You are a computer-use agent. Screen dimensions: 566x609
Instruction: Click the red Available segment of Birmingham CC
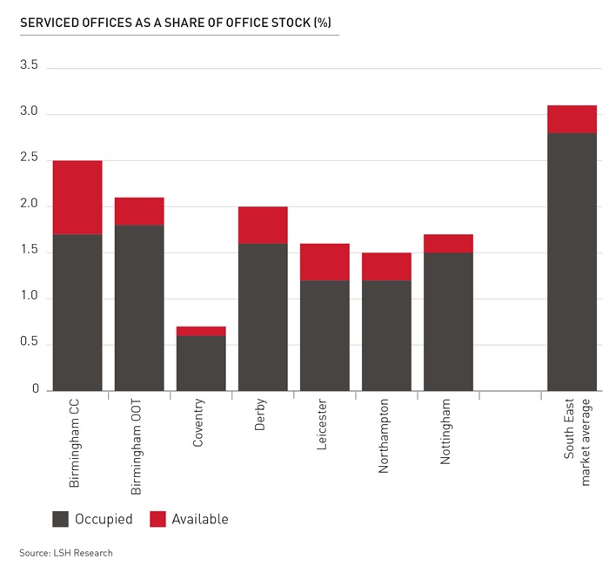pos(77,198)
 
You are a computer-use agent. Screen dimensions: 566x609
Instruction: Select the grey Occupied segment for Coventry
pos(201,363)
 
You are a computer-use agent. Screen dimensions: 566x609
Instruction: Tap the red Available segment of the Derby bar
pos(263,225)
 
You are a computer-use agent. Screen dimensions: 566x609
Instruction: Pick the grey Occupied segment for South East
pos(572,261)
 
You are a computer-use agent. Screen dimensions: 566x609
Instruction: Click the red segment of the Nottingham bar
pos(448,243)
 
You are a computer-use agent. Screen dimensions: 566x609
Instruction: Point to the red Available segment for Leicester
pos(325,262)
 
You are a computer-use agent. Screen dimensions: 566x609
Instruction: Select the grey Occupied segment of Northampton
pos(386,335)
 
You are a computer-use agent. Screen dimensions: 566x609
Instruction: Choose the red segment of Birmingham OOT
pos(139,212)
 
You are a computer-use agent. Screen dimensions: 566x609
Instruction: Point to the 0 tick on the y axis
pos(36,390)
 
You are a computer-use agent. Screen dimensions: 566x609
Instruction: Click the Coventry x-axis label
pos(199,424)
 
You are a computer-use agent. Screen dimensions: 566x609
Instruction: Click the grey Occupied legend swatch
pos(60,519)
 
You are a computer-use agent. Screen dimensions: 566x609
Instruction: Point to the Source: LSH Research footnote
pos(66,552)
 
